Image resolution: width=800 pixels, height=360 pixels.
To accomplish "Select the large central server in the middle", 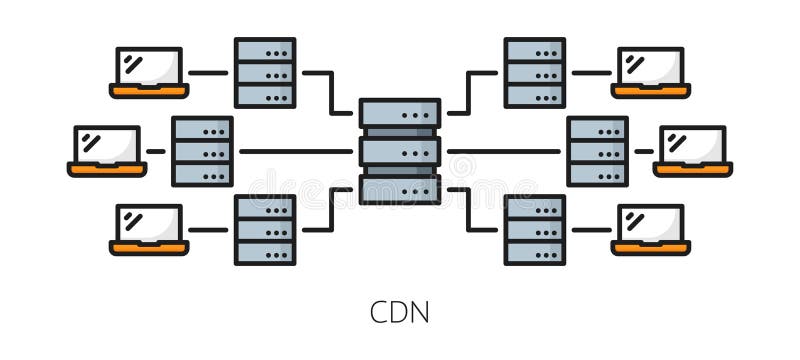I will coord(399,151).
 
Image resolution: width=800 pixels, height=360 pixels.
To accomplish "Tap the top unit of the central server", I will coord(399,113).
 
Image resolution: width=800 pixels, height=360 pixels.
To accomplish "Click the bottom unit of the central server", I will coord(399,188).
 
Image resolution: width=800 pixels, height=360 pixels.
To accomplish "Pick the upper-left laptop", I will coord(149,72).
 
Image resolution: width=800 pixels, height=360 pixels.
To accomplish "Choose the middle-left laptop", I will coord(107,150).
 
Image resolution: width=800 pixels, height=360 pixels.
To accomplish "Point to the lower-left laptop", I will coord(149,229).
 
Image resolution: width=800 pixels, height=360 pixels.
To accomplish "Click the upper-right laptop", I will coord(651,72).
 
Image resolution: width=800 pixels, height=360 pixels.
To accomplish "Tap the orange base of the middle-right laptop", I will coord(693,169).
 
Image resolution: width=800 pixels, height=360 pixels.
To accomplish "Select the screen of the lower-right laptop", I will coord(651,223).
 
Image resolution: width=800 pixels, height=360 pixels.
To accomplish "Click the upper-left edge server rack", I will coord(265,72).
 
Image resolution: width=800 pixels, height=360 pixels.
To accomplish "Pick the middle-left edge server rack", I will coord(202,151).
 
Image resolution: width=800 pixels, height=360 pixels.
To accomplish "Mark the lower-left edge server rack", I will coord(265,229).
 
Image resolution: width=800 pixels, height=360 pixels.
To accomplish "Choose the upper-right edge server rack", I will coord(534,72).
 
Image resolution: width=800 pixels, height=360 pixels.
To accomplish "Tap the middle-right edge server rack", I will coord(597,151).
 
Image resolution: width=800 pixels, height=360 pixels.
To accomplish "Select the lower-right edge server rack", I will coord(534,229).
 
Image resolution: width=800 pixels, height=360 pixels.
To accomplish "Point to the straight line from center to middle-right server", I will coord(504,151).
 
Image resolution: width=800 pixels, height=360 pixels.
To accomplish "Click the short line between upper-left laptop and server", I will coord(209,72).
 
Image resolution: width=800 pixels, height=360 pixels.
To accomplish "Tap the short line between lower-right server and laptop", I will coord(590,229).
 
